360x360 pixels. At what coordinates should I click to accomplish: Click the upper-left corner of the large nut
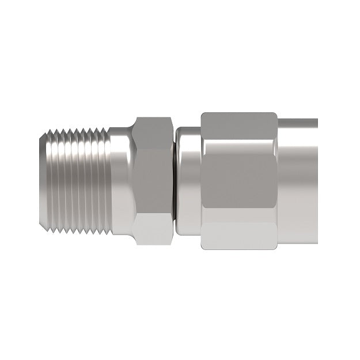coord(203,114)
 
